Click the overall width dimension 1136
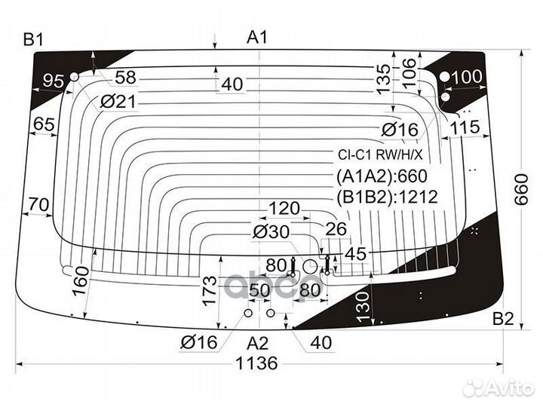[256, 363]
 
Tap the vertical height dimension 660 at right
[522, 190]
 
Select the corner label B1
[33, 39]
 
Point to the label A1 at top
[257, 37]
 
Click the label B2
[503, 319]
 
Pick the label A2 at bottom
[258, 344]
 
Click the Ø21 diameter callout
[118, 102]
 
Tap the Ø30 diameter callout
[271, 231]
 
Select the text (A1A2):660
[382, 176]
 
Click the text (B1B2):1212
[387, 197]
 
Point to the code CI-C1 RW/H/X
[380, 155]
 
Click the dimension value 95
[54, 81]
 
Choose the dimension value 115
[465, 127]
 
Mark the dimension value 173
[210, 291]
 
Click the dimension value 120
[284, 208]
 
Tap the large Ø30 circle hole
[310, 267]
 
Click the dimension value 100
[467, 77]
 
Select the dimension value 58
[125, 78]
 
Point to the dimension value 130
[363, 307]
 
